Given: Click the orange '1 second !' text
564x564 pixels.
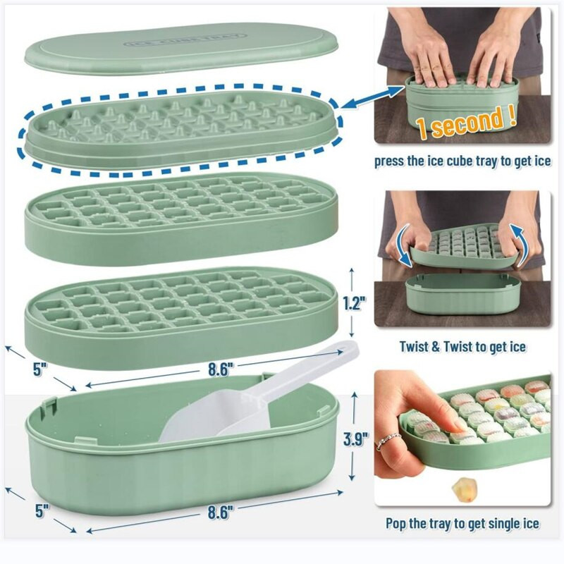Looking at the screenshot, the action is (467, 122).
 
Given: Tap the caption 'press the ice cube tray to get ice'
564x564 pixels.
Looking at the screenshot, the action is (462, 161).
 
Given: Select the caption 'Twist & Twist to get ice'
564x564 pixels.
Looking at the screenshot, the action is (462, 347).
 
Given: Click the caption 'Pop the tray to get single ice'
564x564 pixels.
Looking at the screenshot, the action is (462, 523).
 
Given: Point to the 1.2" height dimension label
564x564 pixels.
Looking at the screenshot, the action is (355, 303).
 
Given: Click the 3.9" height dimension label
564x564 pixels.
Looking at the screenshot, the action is (356, 439).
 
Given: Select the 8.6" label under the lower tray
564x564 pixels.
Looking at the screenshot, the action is (221, 369).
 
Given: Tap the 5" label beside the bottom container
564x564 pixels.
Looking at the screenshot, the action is (42, 510).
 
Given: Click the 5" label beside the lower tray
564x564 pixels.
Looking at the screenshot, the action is (40, 369).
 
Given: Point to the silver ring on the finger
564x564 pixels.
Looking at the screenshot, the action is (388, 440).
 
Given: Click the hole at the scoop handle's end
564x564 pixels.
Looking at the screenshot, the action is (348, 348).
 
